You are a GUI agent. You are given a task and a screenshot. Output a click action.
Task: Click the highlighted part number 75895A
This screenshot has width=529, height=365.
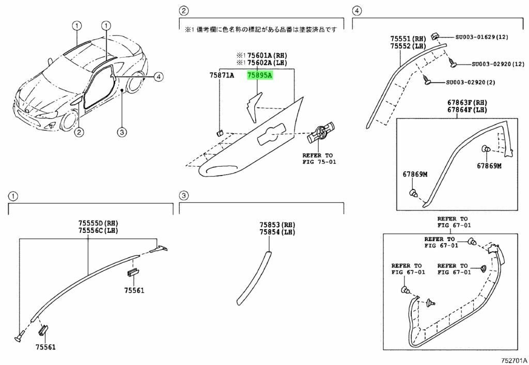[259, 76]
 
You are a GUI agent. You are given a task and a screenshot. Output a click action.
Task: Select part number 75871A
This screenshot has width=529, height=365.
[222, 76]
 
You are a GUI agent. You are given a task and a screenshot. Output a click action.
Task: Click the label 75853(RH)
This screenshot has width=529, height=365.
[277, 225]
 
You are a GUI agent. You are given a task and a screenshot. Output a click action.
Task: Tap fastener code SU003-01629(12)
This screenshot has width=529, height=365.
[481, 37]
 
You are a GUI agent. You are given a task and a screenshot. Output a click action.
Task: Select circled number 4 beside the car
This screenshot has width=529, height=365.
[159, 77]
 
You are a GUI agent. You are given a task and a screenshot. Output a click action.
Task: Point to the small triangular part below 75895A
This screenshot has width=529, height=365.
[254, 102]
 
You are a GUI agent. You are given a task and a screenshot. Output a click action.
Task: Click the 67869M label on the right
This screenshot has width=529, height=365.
[489, 166]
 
